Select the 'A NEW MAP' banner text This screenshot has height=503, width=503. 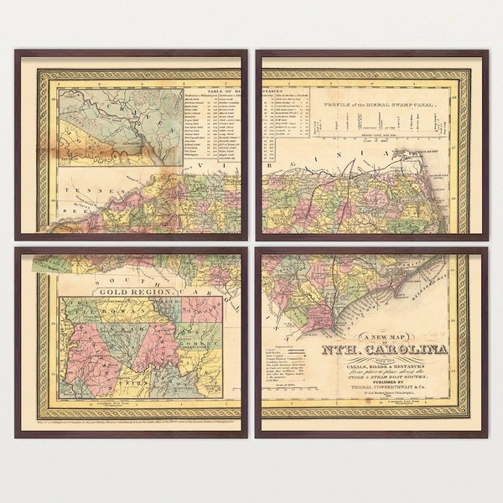pos(382,335)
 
